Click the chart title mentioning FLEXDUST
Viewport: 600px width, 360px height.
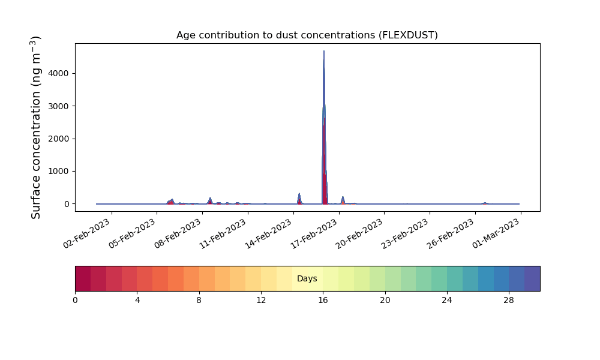[x=307, y=35]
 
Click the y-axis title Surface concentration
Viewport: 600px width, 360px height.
[x=35, y=127]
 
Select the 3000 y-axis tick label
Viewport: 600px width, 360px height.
[x=59, y=106]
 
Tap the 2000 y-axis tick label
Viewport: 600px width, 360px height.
[x=59, y=139]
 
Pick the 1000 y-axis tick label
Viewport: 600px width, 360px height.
[x=59, y=172]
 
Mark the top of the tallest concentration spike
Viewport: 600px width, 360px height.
[x=324, y=51]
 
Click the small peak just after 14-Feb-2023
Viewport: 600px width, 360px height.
[x=299, y=194]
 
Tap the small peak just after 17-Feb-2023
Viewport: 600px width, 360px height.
[x=343, y=197]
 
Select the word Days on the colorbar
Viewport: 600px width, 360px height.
[x=307, y=278]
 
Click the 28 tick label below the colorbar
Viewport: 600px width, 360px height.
[x=509, y=301]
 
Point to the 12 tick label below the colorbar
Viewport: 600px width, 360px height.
[x=261, y=301]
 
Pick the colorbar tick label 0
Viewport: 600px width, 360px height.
[x=75, y=301]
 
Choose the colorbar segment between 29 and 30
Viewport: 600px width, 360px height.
[x=532, y=278]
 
